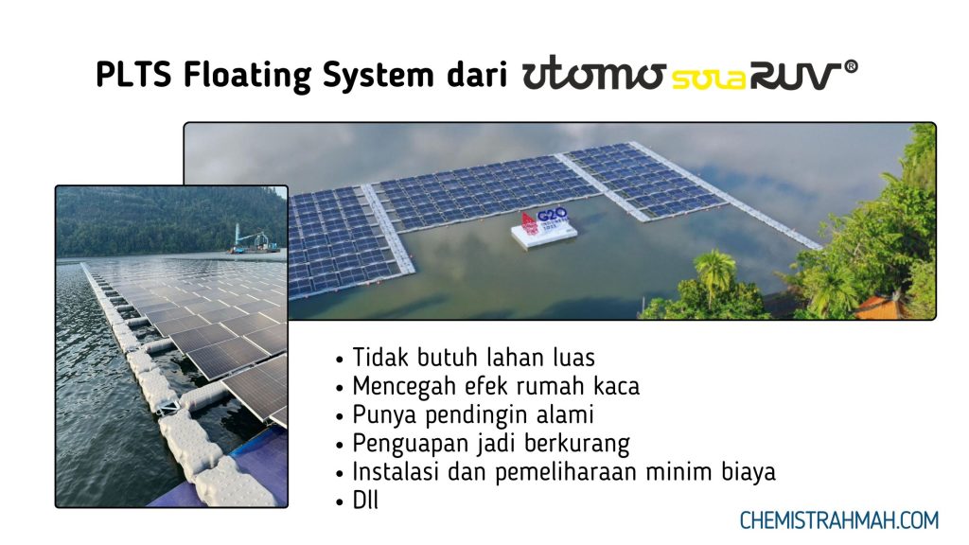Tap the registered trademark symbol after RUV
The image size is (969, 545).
851,67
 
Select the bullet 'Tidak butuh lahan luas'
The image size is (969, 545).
473,358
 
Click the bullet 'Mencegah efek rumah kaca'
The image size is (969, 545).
496,386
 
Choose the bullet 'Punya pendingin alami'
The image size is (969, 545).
473,414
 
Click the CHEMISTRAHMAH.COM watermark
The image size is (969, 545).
838,520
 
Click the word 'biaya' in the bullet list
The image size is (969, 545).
749,471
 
